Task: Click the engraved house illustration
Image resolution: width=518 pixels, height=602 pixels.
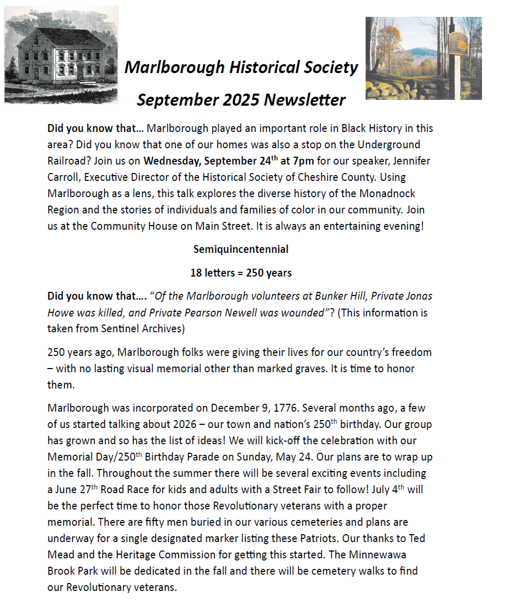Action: click(x=61, y=55)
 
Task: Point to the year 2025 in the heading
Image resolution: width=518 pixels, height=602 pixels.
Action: click(x=240, y=99)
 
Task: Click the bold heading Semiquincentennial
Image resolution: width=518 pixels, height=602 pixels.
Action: click(x=241, y=249)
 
